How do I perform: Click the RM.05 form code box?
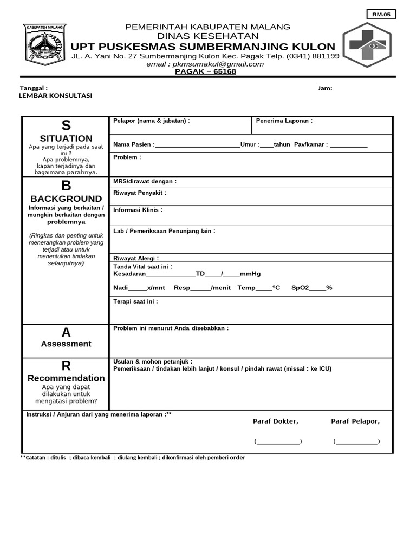point(381,15)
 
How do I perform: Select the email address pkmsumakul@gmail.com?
point(205,64)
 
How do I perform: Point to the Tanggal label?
point(34,88)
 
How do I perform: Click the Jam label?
point(325,88)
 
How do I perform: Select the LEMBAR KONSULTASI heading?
point(55,96)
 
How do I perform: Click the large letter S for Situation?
point(66,126)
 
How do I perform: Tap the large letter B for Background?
point(66,186)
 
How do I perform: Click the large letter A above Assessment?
point(66,332)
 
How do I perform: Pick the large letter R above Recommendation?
point(66,366)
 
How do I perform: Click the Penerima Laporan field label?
point(284,121)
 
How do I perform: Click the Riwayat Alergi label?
point(136,258)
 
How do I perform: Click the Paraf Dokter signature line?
point(278,442)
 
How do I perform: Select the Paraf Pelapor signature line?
point(356,442)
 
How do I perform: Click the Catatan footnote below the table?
point(133,458)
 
